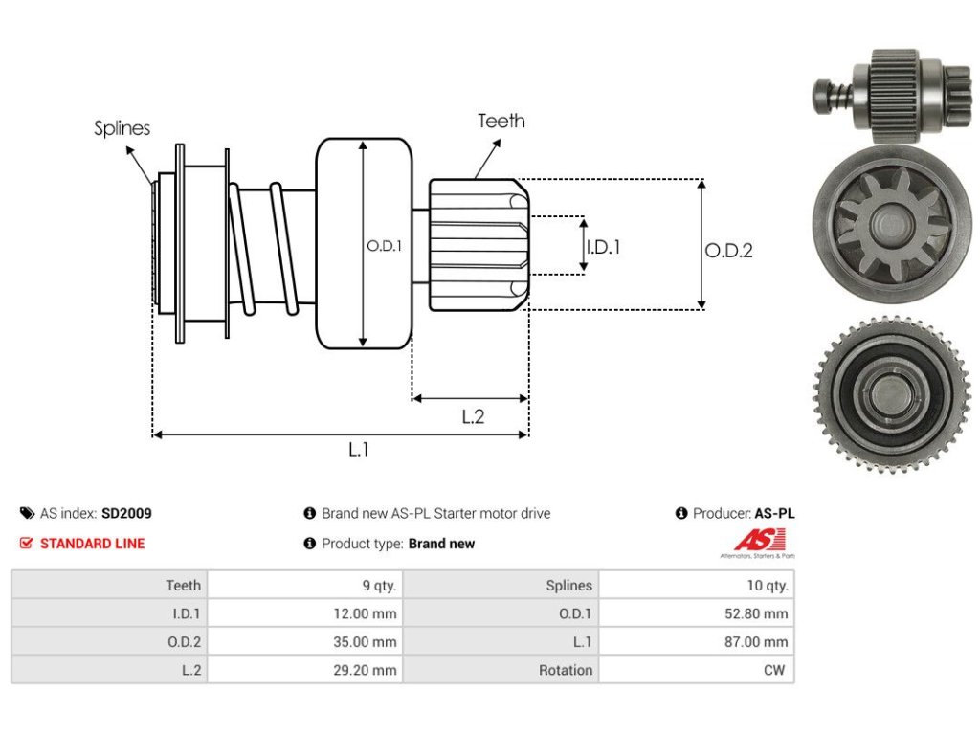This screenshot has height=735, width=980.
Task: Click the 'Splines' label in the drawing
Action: (122, 128)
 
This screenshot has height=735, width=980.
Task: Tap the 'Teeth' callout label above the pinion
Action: (501, 121)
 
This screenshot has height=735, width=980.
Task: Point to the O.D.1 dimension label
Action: (384, 246)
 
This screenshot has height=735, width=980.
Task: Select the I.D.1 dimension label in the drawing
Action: (603, 248)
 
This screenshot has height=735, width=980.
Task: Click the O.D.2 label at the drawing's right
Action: (728, 251)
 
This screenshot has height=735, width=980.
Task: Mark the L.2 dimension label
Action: (473, 417)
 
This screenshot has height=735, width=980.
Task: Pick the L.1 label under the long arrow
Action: (359, 450)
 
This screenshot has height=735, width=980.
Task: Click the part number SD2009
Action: (126, 513)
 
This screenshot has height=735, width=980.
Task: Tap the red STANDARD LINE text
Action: (93, 544)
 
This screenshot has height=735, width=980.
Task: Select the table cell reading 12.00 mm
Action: (365, 613)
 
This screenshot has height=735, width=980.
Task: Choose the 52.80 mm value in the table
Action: (756, 613)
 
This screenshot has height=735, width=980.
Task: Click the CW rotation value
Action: (773, 670)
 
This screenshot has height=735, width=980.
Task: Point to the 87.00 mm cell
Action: (756, 642)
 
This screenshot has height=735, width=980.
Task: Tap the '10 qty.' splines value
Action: (768, 586)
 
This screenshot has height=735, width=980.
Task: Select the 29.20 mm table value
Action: (365, 670)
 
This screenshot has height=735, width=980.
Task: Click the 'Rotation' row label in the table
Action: (566, 670)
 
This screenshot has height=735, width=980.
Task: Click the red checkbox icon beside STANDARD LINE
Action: (26, 544)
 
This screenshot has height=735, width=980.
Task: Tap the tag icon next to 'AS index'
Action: (27, 513)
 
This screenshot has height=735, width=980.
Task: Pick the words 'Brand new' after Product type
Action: (442, 544)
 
